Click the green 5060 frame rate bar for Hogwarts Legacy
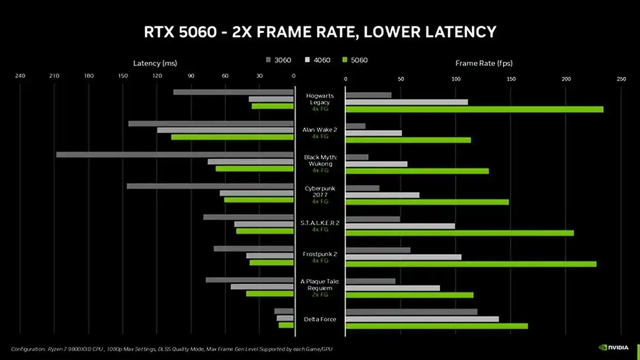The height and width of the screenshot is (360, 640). tap(474, 109)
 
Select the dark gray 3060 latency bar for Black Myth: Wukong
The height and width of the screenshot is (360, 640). tap(175, 155)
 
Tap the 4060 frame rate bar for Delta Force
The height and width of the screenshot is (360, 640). tap(422, 319)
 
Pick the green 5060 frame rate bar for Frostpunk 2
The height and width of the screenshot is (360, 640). tap(471, 264)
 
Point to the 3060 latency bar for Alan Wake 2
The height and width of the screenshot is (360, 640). tap(211, 124)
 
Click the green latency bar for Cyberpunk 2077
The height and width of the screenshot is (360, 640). tap(259, 199)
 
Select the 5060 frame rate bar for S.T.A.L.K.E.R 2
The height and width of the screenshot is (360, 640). tap(460, 233)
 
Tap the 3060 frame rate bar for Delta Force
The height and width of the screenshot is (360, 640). tap(411, 312)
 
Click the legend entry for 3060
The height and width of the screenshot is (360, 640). tap(278, 60)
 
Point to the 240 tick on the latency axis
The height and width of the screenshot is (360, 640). tap(20, 77)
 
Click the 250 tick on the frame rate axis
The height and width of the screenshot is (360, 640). tap(621, 79)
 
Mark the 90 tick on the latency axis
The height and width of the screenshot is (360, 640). tap(191, 77)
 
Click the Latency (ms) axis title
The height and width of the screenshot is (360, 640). tap(155, 63)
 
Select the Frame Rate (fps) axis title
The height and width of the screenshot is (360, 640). tap(484, 63)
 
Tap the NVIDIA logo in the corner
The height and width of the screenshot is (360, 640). tap(613, 348)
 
